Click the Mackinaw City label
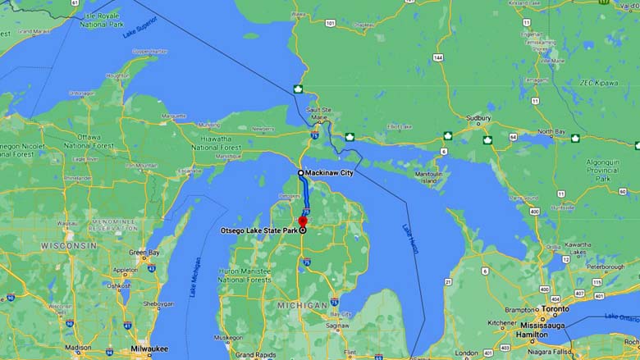coord(330,173)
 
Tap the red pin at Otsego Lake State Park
coord(302,221)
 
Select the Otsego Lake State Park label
coord(258,230)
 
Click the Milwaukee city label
coord(149,348)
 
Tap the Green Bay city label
coord(144,252)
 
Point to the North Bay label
coord(551,131)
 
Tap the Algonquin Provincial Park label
coord(608,170)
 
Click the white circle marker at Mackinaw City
coord(301,173)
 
